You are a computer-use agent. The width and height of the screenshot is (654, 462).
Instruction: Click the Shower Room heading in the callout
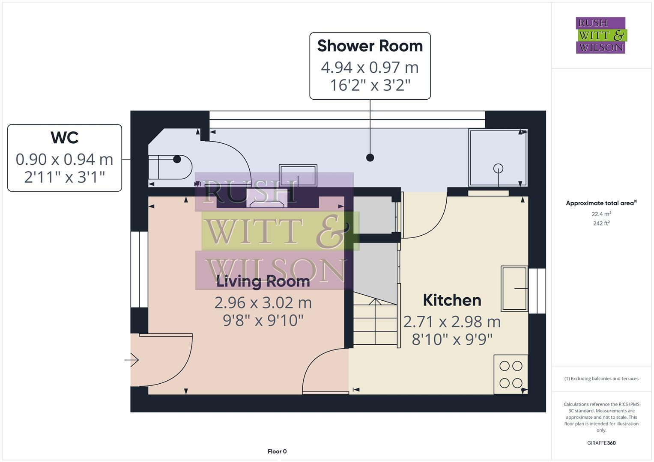coord(370,46)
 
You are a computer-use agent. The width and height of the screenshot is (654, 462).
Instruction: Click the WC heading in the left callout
coord(64,138)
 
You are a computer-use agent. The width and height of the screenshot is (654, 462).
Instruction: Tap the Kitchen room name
coord(452,300)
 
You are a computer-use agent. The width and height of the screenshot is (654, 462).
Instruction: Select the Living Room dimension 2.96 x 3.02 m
coord(263,303)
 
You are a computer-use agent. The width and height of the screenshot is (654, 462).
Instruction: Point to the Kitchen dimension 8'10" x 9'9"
coord(452,340)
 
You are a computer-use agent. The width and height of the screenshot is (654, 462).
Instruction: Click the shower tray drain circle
coord(498,168)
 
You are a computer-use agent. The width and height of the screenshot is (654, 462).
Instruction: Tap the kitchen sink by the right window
coord(514,288)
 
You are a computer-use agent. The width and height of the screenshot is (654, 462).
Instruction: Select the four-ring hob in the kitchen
coord(511,374)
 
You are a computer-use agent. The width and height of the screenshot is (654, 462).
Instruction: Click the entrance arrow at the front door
coord(132,360)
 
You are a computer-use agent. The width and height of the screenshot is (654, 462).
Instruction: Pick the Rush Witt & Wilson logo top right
coord(600,36)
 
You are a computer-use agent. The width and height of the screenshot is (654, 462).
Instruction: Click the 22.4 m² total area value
coord(601,214)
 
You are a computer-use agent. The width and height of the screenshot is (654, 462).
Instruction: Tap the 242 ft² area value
coord(601,223)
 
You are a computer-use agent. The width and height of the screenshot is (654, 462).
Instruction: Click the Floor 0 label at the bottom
coord(277,451)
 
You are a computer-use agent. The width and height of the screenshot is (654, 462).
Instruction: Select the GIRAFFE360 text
coord(601,443)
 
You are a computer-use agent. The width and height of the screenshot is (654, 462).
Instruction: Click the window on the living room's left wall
coord(139,269)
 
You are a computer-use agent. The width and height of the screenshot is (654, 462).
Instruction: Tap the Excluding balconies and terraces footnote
coord(601,379)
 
